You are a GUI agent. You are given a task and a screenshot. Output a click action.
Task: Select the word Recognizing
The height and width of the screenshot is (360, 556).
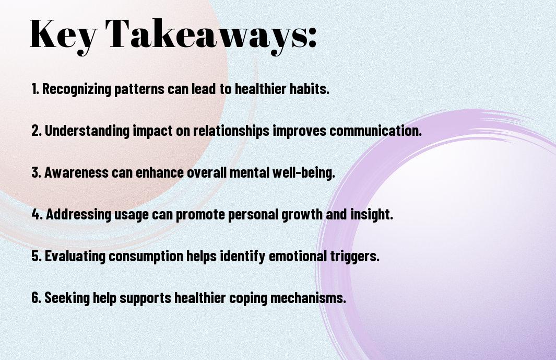tap(77, 89)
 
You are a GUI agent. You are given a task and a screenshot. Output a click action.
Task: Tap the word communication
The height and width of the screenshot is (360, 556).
tap(375, 131)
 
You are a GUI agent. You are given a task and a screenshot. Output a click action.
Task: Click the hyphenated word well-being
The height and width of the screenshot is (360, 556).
tap(303, 172)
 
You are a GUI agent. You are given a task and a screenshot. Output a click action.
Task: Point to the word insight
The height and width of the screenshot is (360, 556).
tap(372, 214)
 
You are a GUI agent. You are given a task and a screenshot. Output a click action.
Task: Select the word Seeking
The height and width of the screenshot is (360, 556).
tap(67, 298)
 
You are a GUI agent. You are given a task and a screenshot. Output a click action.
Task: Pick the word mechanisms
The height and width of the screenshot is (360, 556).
tap(308, 298)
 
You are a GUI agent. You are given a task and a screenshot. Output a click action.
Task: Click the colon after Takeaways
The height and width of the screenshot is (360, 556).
tap(312, 37)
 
